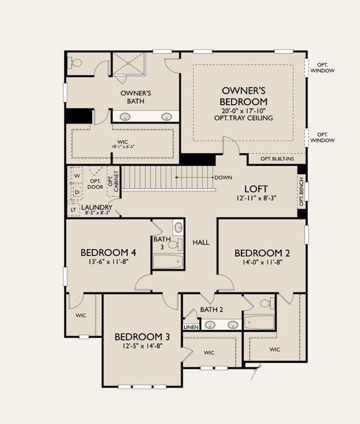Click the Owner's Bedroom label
(243, 96)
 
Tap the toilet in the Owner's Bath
(76, 63)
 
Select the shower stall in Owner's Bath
(128, 63)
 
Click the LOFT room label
(256, 189)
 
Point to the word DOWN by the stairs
(223, 177)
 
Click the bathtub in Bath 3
(168, 261)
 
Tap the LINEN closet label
(191, 327)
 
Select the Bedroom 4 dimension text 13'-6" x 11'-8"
(108, 262)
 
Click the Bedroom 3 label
(142, 337)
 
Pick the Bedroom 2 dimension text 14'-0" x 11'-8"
(262, 262)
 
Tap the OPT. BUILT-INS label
(277, 159)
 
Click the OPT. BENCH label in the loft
(302, 191)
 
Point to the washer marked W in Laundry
(77, 176)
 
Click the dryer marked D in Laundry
(77, 192)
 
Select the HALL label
(201, 242)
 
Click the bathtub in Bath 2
(259, 323)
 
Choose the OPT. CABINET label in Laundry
(114, 182)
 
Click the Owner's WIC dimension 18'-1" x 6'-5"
(123, 147)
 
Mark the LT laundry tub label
(73, 210)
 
